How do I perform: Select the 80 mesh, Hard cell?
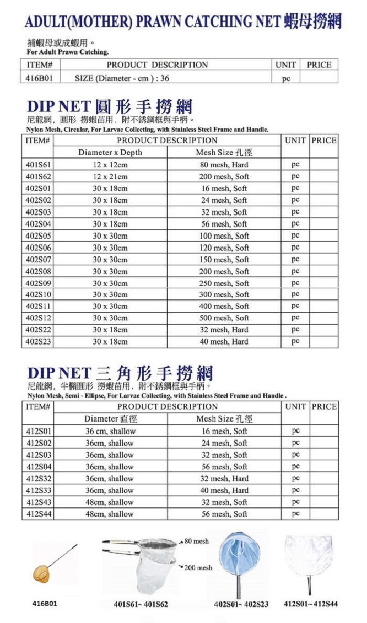coord(224,165)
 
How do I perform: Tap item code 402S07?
coord(38,260)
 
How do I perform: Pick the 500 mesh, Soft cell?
coord(224,318)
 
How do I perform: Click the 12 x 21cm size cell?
coord(110,177)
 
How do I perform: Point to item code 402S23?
coord(38,342)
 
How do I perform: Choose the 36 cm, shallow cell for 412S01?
coord(110,431)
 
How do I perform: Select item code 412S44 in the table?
coord(38,514)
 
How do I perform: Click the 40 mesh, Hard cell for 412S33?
coord(224,490)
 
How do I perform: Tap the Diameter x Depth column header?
coord(110,153)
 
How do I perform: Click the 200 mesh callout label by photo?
coord(198,567)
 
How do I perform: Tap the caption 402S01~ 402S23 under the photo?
coord(241,604)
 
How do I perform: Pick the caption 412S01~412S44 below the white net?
coord(310,604)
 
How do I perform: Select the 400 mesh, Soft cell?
coord(224,306)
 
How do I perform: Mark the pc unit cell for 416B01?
coord(286,78)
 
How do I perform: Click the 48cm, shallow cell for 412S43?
coord(110,502)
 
